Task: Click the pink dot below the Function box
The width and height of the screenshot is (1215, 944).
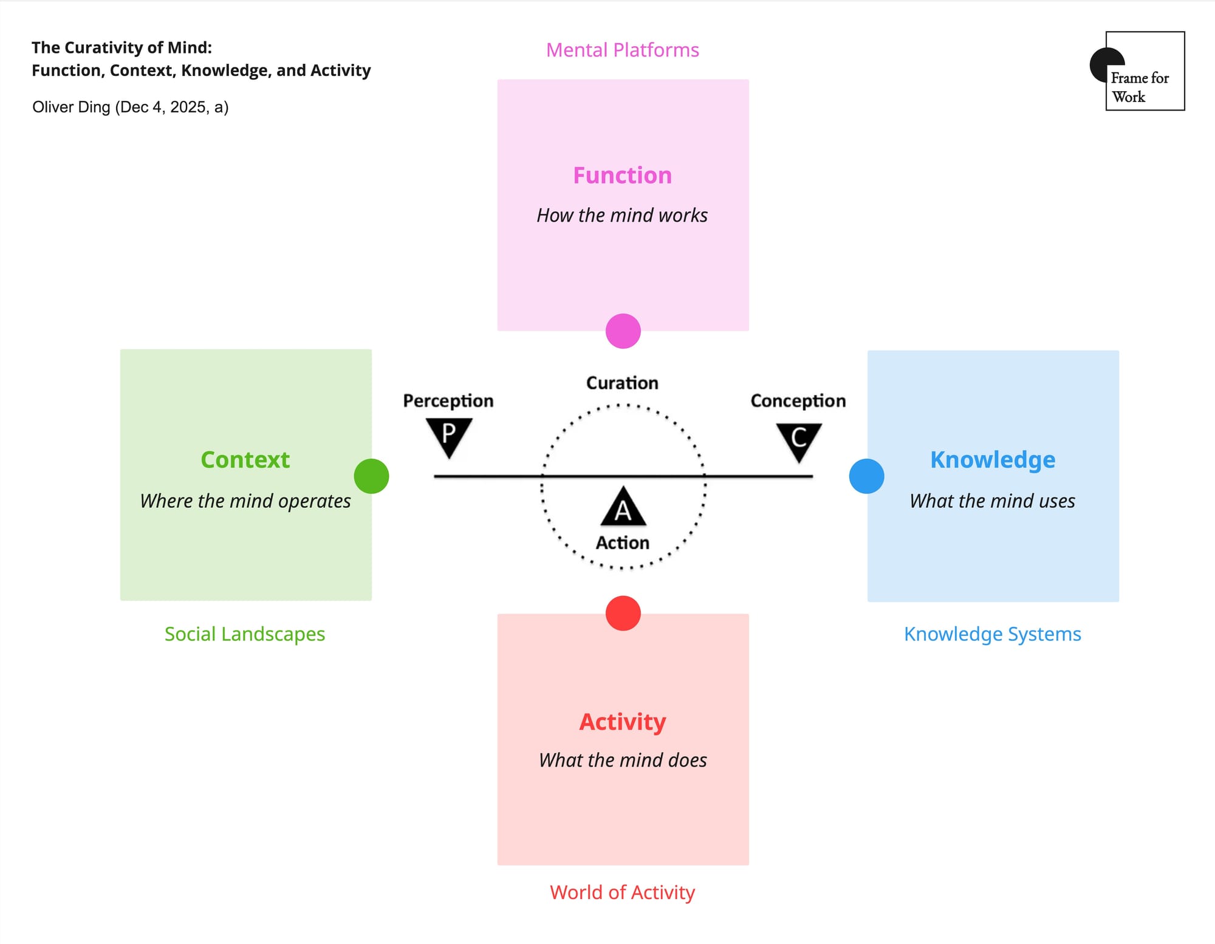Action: (x=623, y=331)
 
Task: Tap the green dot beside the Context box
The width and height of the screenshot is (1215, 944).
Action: (x=371, y=476)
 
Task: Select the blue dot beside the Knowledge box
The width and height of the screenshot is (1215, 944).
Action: (x=866, y=476)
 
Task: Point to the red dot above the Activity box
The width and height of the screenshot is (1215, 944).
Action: (x=623, y=614)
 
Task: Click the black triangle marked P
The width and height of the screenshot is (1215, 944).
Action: (x=449, y=434)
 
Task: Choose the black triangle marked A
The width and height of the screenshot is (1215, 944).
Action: (x=623, y=508)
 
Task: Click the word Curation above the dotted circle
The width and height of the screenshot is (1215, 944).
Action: (x=622, y=383)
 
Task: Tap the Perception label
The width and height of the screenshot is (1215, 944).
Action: (x=448, y=401)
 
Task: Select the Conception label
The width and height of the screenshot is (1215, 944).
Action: (x=798, y=401)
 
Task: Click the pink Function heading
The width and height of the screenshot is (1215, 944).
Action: (x=623, y=176)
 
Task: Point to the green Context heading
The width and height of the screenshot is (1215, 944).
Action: (x=245, y=460)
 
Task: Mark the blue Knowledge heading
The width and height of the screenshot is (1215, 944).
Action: (x=993, y=460)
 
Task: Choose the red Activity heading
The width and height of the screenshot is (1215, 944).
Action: (x=623, y=722)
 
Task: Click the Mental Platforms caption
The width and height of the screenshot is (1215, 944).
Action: (x=623, y=50)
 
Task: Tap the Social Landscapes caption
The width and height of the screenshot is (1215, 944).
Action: (x=245, y=634)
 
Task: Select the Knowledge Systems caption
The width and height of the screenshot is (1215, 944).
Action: (x=993, y=634)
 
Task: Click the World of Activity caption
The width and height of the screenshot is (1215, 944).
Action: (x=623, y=892)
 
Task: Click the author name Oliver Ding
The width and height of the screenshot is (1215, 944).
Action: (x=72, y=108)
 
